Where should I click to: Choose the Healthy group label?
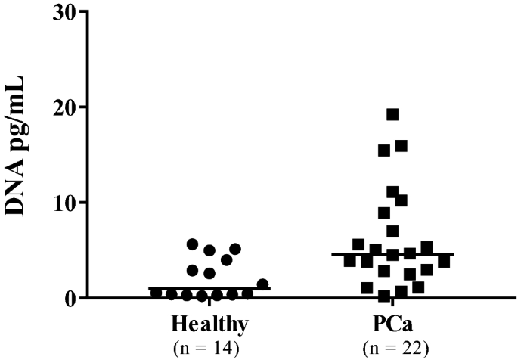(209, 325)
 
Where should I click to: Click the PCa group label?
(393, 325)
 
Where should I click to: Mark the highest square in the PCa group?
(392, 114)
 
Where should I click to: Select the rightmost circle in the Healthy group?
(262, 284)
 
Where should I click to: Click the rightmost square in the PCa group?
(444, 262)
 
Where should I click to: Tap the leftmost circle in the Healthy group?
(156, 293)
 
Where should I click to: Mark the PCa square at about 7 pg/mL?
(392, 231)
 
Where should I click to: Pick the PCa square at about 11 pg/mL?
(392, 192)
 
